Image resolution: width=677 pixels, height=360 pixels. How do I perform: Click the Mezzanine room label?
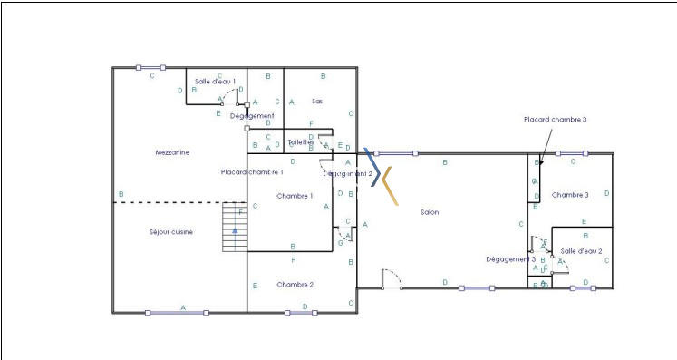coord(172,153)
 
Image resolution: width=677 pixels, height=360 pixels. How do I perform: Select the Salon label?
coord(430,213)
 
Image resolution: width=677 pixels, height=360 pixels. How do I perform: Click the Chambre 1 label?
coord(295,196)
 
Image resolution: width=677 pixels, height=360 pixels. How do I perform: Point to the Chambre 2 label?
coord(295,285)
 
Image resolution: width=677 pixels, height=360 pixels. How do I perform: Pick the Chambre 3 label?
coord(570,195)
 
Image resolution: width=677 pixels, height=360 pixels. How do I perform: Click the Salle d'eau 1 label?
coord(215,82)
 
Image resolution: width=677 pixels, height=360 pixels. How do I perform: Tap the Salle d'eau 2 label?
coord(581,250)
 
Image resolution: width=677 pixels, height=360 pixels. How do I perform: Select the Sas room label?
coord(317,101)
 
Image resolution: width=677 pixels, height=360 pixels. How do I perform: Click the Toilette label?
coord(300,142)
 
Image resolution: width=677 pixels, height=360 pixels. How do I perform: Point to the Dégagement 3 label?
coord(510,259)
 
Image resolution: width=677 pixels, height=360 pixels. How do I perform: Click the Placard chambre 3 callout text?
coord(556,120)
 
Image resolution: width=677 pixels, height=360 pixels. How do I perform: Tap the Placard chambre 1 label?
coord(253,171)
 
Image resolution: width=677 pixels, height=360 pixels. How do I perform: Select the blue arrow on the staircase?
coord(235,231)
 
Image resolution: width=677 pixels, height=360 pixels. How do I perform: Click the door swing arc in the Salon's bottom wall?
coord(392,277)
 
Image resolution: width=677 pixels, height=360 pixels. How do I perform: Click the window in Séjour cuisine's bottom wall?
coord(177,313)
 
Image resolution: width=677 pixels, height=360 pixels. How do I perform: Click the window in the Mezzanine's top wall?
coord(150,67)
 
